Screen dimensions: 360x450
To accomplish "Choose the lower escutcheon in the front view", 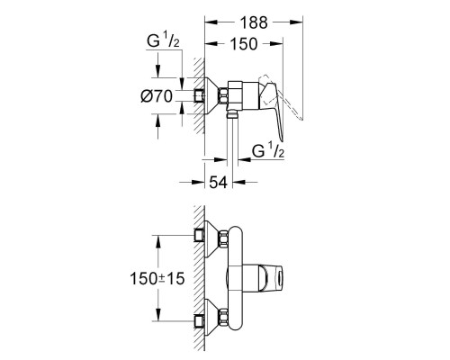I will pos(210,319).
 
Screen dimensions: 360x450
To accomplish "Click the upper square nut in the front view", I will pos(199,238).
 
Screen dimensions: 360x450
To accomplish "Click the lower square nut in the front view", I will pos(199,319).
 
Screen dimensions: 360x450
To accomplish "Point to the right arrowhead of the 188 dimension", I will pos(297,19).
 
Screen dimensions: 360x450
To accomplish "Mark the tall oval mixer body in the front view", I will pos(236,278).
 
